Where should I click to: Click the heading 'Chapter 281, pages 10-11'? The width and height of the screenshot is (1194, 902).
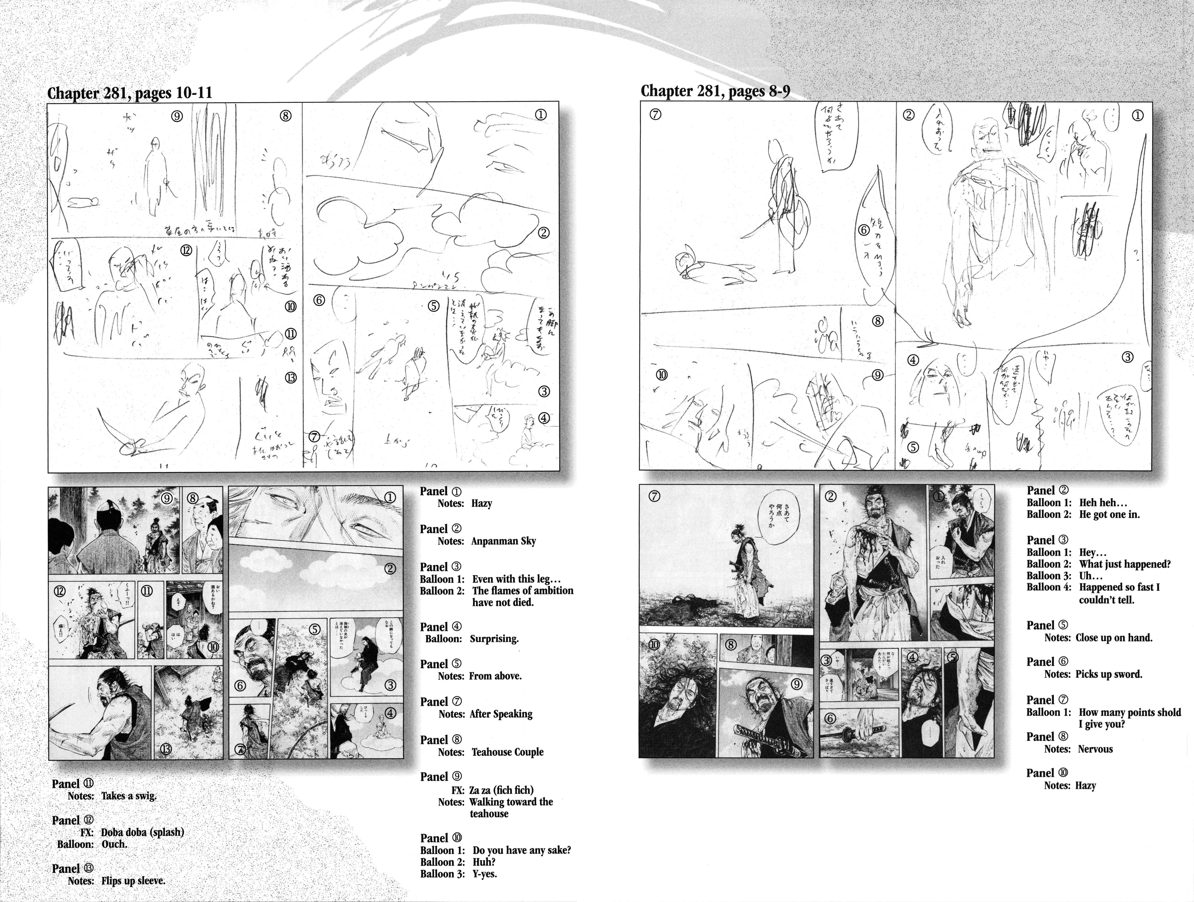pos(130,93)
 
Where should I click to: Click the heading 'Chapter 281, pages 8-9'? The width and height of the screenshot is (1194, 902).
pos(715,91)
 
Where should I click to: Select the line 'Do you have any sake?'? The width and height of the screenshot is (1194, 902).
pos(521,850)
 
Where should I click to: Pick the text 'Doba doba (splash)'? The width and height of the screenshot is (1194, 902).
pos(142,832)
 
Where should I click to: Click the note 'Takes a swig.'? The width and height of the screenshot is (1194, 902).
pos(128,796)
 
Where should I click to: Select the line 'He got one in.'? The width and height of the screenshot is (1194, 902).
pos(1109,514)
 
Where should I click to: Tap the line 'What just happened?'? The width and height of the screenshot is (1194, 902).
pos(1124,564)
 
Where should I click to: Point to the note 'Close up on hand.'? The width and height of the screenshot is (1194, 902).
pos(1114,637)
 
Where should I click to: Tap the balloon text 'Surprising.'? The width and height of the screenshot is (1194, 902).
pos(494,638)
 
